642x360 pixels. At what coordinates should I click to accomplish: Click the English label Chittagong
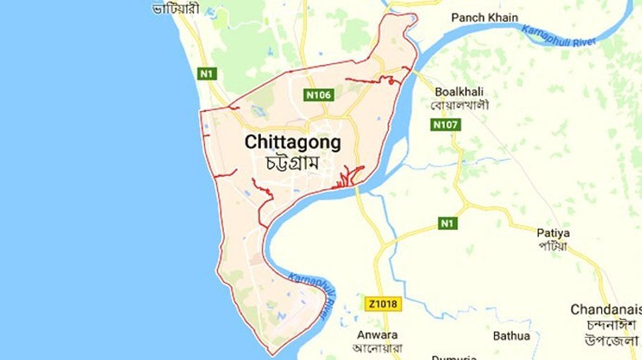pyautogui.click(x=293, y=142)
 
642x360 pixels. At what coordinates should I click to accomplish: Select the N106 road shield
pyautogui.click(x=319, y=95)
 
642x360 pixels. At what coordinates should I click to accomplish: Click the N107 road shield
pyautogui.click(x=446, y=125)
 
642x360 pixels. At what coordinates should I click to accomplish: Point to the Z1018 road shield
pyautogui.click(x=382, y=304)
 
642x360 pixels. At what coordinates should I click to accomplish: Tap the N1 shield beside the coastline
pyautogui.click(x=206, y=74)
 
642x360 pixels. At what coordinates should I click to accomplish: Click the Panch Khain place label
pyautogui.click(x=484, y=17)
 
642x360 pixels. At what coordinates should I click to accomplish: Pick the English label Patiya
pyautogui.click(x=553, y=232)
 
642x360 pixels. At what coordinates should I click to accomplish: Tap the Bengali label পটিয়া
pyautogui.click(x=552, y=246)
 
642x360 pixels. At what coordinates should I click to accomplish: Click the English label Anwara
pyautogui.click(x=377, y=334)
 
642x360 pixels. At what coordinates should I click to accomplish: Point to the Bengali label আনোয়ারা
pyautogui.click(x=377, y=347)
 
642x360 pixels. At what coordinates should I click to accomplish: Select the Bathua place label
pyautogui.click(x=511, y=336)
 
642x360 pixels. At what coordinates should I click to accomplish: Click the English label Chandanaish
pyautogui.click(x=605, y=309)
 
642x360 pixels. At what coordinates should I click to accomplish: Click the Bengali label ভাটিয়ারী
pyautogui.click(x=176, y=9)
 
